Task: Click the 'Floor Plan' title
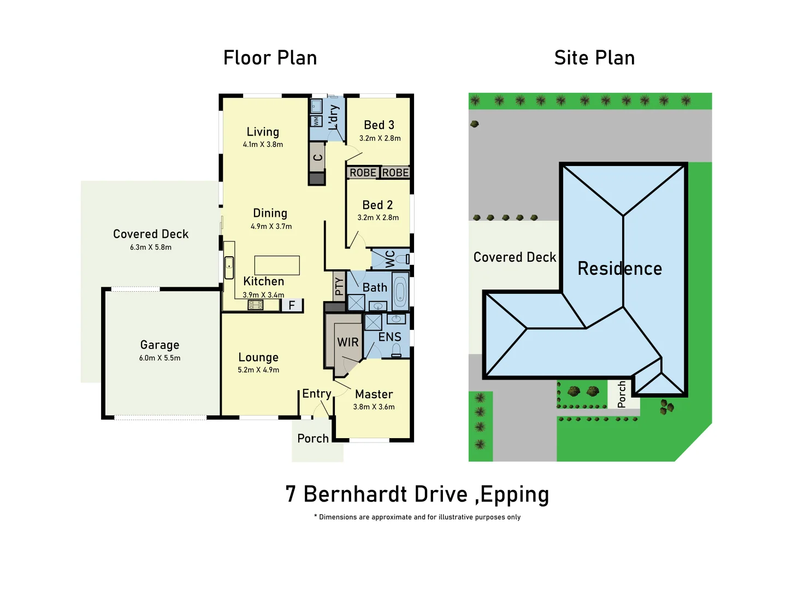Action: [x=270, y=58]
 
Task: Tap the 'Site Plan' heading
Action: [x=594, y=58]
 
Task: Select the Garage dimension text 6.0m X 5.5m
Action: [x=159, y=358]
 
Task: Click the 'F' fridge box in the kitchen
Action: [x=292, y=305]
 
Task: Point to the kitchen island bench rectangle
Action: [x=277, y=265]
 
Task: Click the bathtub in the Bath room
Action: [x=400, y=291]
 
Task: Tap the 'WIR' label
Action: [x=348, y=343]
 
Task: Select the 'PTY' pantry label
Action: [x=339, y=286]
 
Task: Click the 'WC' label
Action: [x=390, y=258]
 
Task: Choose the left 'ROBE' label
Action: [x=363, y=173]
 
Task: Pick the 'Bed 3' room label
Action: [x=379, y=125]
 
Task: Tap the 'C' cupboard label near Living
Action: [x=317, y=157]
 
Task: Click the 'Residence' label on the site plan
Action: [x=619, y=268]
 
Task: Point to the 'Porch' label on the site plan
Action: [x=622, y=394]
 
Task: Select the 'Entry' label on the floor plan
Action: [x=317, y=393]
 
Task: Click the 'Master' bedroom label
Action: [x=374, y=394]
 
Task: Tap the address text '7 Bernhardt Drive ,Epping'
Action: [x=417, y=494]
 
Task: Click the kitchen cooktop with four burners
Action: [x=256, y=305]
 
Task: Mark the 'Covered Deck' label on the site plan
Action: [x=515, y=257]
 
